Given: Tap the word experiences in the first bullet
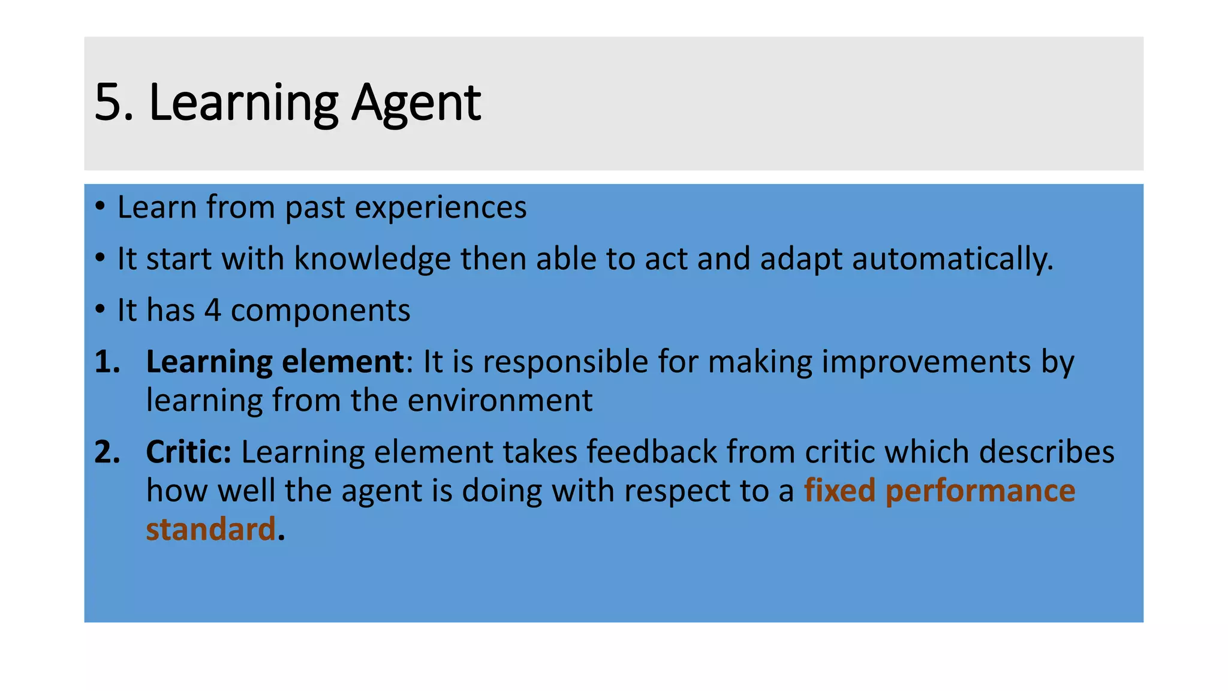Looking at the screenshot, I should pyautogui.click(x=441, y=208).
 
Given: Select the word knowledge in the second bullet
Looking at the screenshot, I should pyautogui.click(x=372, y=259).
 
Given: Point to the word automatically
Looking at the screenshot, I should pyautogui.click(x=952, y=259).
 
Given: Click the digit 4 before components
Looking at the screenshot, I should pyautogui.click(x=212, y=311).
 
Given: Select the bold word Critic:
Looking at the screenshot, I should pyautogui.click(x=188, y=452).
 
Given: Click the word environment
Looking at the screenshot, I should pyautogui.click(x=500, y=401).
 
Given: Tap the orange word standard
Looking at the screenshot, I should pyautogui.click(x=210, y=530).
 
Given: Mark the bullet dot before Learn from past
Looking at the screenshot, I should pyautogui.click(x=100, y=208).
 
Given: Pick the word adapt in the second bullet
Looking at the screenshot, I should pyautogui.click(x=801, y=260).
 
